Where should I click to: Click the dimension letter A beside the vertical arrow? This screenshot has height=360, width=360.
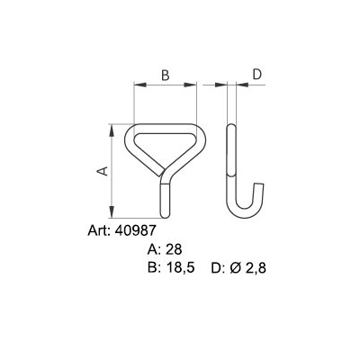tap(102, 170)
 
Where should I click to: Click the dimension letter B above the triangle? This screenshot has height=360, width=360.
tap(166, 75)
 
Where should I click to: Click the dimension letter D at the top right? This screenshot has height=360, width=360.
tap(256, 75)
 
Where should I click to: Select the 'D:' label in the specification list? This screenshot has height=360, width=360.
tap(217, 268)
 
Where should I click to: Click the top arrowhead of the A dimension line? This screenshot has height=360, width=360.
tap(112, 128)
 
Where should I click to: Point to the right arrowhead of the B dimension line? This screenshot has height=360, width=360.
tap(195, 86)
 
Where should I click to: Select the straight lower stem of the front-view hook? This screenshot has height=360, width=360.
tap(165, 194)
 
